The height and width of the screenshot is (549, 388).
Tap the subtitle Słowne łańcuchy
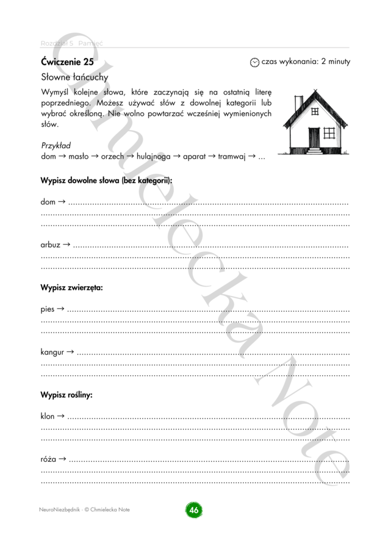point(74,77)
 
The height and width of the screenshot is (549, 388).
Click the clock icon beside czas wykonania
point(255,62)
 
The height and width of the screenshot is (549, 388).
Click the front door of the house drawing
point(314,137)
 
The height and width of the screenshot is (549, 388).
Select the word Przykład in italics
point(56,146)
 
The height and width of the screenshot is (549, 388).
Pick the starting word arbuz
point(51,245)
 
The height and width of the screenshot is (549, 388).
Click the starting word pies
point(48,310)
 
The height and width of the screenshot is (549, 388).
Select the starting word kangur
point(52,352)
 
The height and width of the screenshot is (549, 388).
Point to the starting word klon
point(48,417)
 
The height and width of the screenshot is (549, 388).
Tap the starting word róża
point(49,459)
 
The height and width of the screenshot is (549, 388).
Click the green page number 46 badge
point(194,510)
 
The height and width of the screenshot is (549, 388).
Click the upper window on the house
point(315,112)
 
